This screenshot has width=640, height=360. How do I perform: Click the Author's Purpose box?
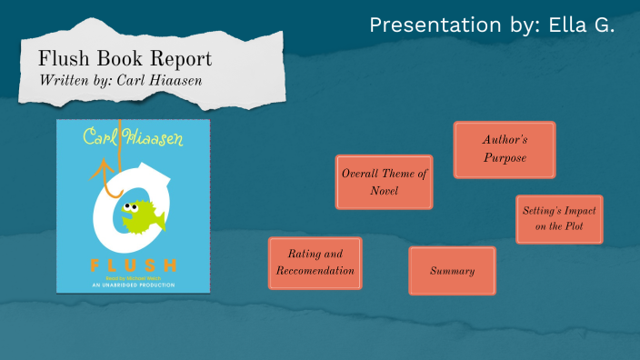click(x=505, y=150)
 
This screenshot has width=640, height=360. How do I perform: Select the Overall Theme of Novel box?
click(x=384, y=182)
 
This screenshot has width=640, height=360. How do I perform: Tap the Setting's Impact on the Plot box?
click(x=559, y=219)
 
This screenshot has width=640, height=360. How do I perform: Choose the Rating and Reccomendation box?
click(x=315, y=263)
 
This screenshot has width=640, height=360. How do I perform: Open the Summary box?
click(x=452, y=271)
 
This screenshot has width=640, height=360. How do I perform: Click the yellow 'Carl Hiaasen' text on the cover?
click(x=133, y=140)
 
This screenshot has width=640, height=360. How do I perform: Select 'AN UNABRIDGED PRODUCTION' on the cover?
click(x=133, y=285)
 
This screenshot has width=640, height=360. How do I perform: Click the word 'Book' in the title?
click(x=113, y=59)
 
